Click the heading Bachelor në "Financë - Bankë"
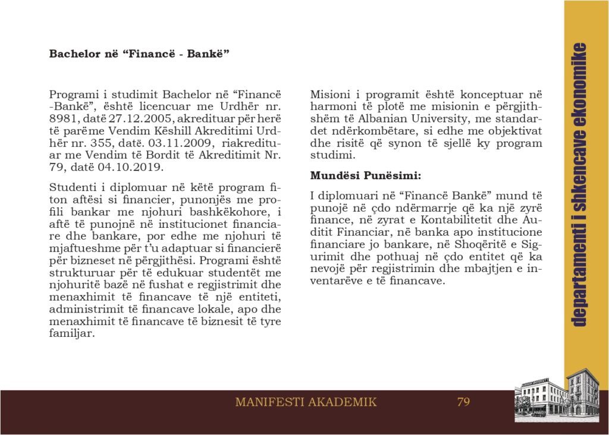(x=139, y=54)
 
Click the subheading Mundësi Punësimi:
(x=366, y=176)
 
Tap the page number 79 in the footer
(x=463, y=402)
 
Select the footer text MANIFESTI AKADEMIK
(x=306, y=402)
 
